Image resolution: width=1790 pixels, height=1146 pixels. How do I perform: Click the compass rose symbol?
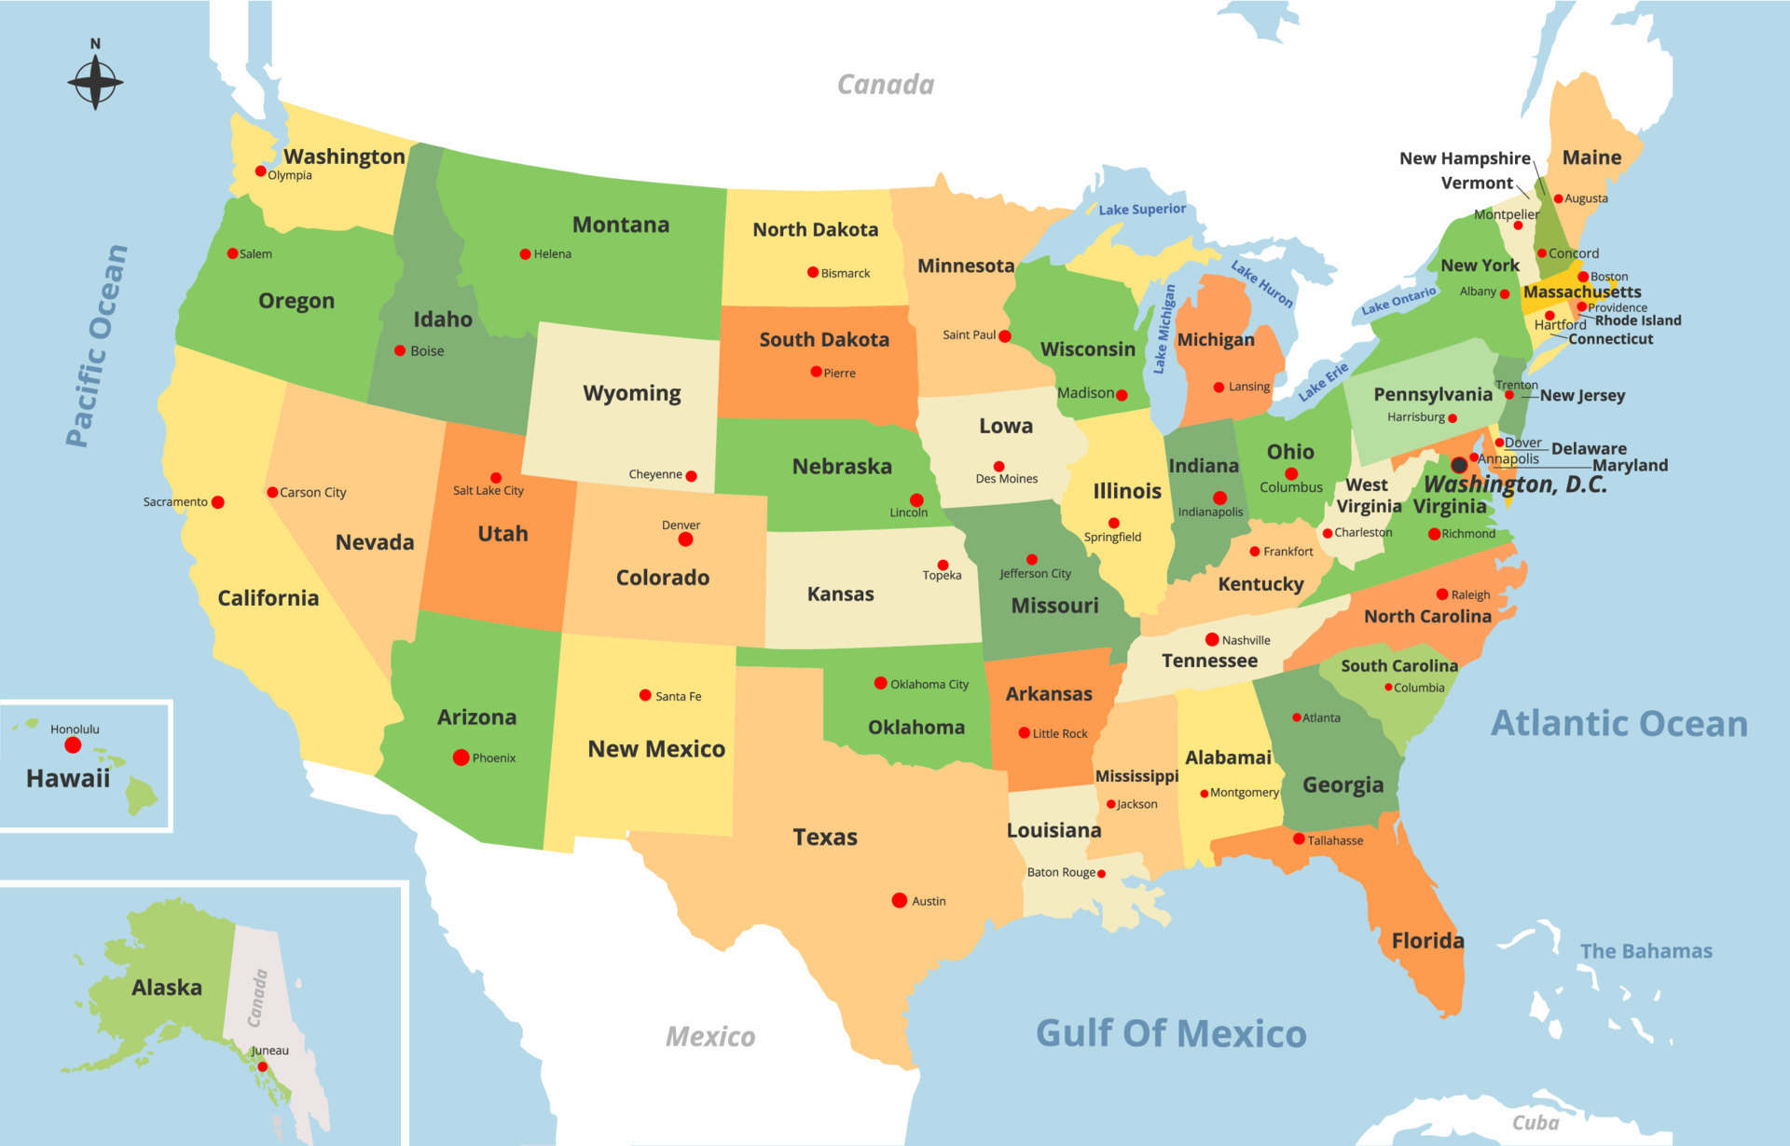(95, 82)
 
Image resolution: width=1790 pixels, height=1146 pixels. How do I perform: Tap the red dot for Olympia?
(260, 171)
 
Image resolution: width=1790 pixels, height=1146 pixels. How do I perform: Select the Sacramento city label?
(175, 502)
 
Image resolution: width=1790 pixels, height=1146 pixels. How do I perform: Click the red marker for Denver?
(685, 539)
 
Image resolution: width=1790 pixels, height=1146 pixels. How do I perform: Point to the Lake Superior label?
(1142, 210)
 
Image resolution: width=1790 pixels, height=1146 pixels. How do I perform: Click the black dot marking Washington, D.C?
(1459, 465)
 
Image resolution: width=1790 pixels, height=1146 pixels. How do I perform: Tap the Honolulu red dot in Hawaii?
(73, 745)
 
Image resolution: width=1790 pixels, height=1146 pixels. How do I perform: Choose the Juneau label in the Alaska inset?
(270, 1051)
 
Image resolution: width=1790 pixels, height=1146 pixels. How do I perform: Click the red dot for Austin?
(900, 900)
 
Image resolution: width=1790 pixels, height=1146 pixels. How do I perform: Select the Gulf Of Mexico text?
(1171, 1033)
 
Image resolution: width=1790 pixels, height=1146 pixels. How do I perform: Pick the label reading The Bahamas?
(1645, 951)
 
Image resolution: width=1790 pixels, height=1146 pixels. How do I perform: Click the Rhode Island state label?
(1638, 321)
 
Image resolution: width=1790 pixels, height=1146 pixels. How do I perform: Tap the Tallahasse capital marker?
(1299, 839)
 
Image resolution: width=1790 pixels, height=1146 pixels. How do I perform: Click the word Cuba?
(1535, 1123)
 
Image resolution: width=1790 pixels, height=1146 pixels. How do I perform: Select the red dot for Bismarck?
(813, 272)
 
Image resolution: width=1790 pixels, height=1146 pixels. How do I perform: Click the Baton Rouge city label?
(1061, 873)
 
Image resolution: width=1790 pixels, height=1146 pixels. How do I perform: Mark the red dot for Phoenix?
(461, 757)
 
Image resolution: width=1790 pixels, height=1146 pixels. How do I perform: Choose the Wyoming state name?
(632, 393)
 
